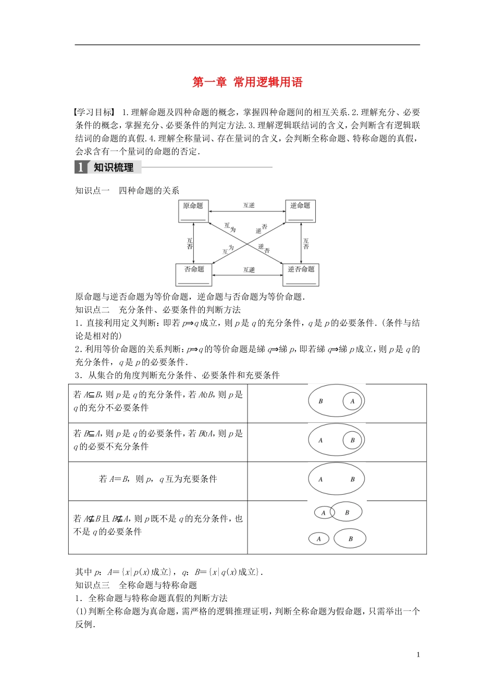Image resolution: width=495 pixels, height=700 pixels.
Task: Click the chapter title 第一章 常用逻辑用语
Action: point(247,82)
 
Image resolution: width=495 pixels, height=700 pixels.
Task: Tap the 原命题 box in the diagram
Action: point(193,211)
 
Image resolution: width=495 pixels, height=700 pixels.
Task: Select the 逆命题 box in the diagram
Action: point(300,211)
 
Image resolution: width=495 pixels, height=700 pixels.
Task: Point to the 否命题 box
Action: point(194,274)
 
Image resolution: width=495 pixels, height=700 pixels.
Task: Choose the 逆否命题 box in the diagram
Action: point(301,274)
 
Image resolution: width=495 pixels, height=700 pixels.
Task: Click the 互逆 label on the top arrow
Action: point(249,206)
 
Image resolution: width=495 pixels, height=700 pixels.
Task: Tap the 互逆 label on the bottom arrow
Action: point(249,270)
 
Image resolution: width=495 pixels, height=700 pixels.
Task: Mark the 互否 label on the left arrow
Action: point(190,243)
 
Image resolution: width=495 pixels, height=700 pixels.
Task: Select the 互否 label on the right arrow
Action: point(306,243)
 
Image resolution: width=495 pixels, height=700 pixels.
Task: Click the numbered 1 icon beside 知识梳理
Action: point(81,167)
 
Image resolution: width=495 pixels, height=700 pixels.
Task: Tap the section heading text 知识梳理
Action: point(114,167)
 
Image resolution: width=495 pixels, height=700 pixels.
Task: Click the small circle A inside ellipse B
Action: point(352,401)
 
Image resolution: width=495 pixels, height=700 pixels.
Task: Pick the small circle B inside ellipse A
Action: point(352,440)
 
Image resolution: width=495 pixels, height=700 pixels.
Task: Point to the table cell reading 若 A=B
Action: point(158,479)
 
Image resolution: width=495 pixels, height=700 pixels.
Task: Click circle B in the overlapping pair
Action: point(347,512)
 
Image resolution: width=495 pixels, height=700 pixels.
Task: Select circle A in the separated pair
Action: point(319,539)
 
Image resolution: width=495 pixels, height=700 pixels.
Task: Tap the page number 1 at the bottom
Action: point(418,655)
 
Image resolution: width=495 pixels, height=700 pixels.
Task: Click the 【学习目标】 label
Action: point(94,112)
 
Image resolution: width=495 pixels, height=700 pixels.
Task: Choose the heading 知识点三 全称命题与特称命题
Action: point(137,585)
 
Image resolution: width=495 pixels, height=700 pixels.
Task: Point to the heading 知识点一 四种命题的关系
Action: point(128,191)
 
